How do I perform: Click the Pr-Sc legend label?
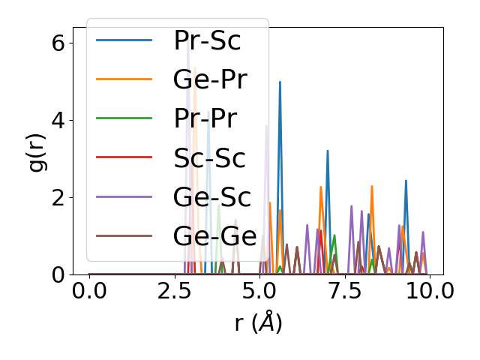207,41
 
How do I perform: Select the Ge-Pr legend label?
210,80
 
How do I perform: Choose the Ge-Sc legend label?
210,197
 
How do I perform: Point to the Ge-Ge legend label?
214,236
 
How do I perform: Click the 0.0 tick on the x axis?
89,291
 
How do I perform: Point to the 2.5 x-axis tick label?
174,291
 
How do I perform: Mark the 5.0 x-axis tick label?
259,291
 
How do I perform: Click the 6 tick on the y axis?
58,43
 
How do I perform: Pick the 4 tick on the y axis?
58,120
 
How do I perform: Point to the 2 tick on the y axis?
58,197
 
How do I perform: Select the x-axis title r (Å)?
259,323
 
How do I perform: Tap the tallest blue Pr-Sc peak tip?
280,82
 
